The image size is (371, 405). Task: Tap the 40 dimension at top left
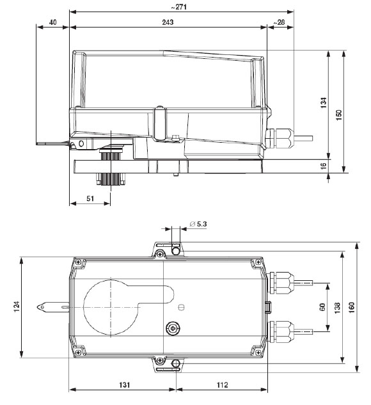(52, 22)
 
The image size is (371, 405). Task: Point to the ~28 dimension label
(279, 22)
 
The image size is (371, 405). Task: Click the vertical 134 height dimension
(324, 102)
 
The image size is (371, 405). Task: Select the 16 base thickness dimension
(324, 165)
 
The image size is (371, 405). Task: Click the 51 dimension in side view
(90, 198)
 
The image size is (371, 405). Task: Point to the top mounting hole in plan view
(176, 248)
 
